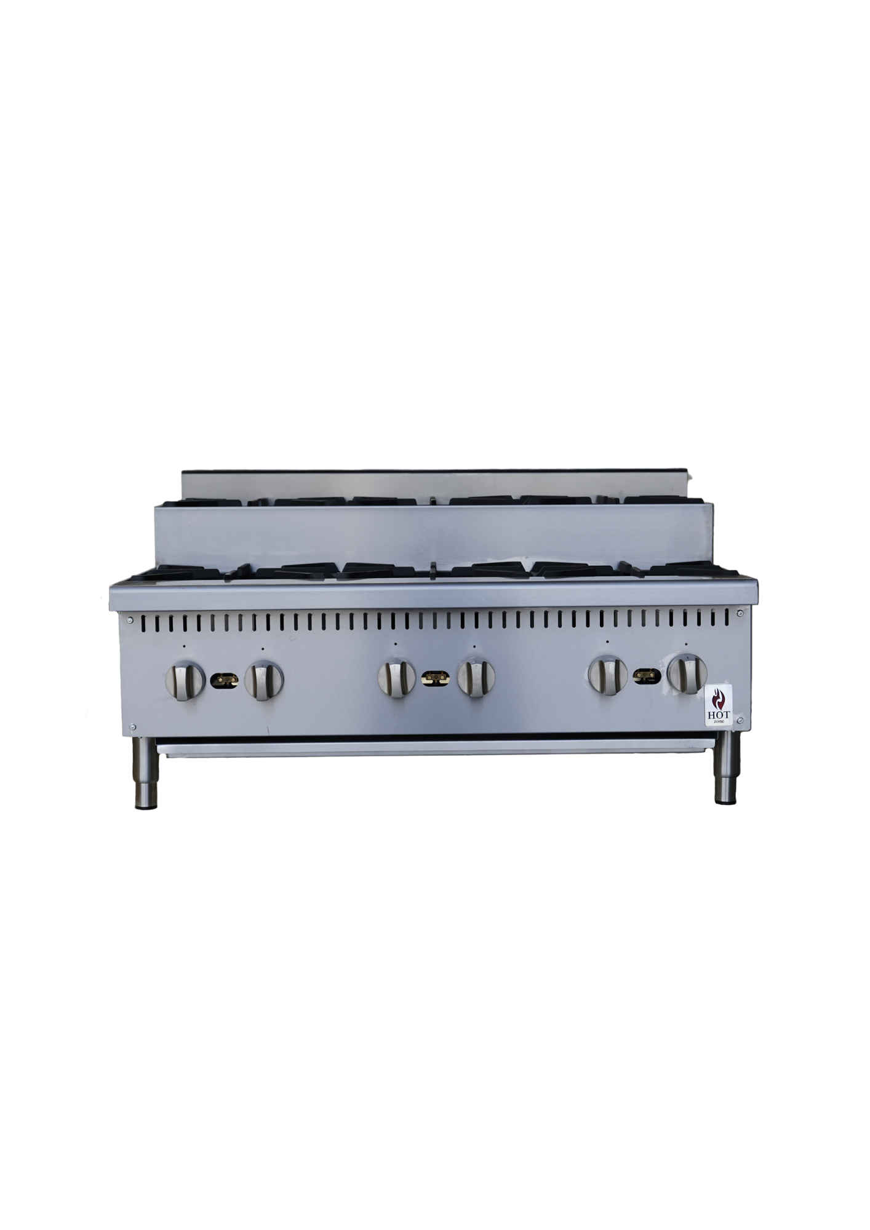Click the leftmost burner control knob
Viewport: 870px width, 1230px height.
tap(184, 679)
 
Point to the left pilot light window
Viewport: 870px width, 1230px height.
tap(225, 680)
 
